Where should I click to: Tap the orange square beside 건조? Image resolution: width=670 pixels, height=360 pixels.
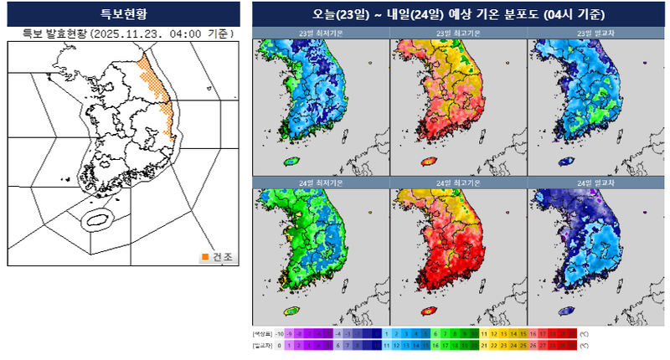(205, 257)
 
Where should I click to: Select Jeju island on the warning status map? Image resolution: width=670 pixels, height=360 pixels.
(97, 221)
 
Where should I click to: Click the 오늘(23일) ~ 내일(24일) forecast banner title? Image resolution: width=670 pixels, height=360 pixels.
(458, 14)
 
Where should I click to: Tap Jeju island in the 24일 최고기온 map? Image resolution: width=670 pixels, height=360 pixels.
(429, 311)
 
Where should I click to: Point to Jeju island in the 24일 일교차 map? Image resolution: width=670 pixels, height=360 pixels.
(567, 311)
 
